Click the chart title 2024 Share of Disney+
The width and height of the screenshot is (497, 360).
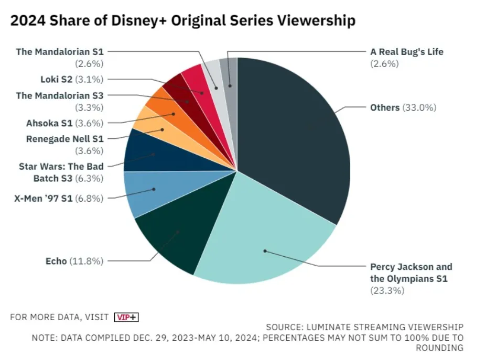[182, 21]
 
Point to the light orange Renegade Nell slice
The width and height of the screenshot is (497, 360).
[152, 126]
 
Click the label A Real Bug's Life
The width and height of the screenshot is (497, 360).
[406, 52]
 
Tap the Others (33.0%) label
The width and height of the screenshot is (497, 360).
[403, 107]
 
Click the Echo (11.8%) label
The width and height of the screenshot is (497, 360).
[74, 260]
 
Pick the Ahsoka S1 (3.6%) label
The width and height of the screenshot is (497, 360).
[64, 124]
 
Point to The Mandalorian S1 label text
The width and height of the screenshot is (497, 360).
[60, 51]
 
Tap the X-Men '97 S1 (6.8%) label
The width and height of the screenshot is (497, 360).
[57, 198]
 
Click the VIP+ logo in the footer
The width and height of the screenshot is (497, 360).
[126, 317]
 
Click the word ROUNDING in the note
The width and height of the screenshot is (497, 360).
[439, 348]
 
